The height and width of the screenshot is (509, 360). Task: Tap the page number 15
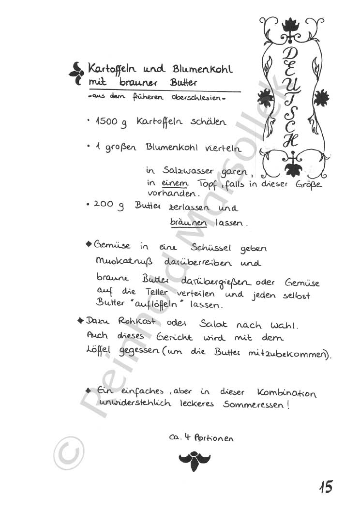[326, 486]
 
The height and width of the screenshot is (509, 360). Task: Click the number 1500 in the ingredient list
[106, 121]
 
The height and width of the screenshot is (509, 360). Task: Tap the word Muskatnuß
[124, 263]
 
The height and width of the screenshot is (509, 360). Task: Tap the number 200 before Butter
[103, 205]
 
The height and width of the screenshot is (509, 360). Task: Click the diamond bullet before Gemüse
[89, 244]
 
